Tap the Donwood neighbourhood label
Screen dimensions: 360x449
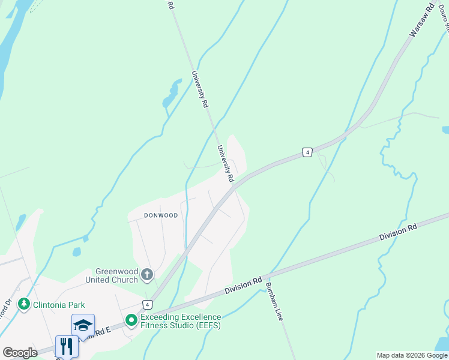pos(161,215)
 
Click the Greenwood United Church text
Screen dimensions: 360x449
pos(116,275)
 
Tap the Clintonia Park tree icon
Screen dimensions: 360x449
pos(24,304)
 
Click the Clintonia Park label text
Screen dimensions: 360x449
pos(58,304)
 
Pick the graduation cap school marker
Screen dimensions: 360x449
pos(83,325)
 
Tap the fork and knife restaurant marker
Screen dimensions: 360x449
pos(67,346)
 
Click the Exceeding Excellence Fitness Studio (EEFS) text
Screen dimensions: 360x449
pos(181,321)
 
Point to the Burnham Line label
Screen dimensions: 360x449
pos(274,301)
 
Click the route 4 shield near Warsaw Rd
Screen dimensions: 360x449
pos(307,152)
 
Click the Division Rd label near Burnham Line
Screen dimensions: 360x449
pos(244,286)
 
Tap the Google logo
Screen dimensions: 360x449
pos(20,353)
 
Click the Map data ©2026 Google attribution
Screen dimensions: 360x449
pos(412,355)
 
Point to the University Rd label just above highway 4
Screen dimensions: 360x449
pos(224,163)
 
